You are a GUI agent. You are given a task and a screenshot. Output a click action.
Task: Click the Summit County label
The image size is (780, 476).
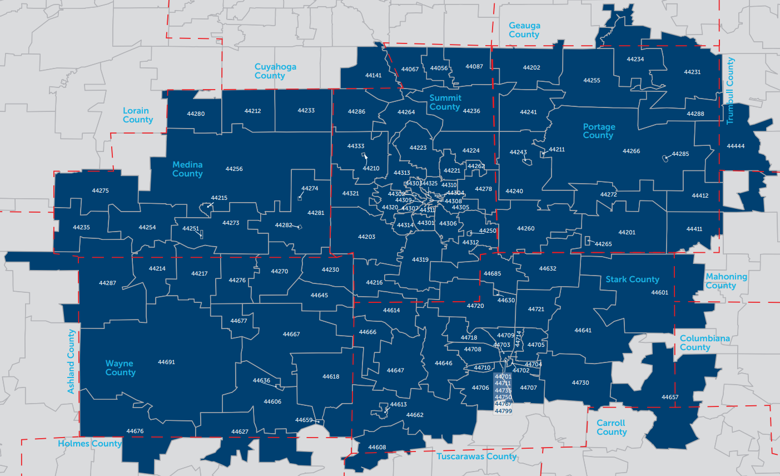click(445, 102)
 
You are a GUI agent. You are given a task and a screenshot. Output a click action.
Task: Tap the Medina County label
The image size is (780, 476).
click(187, 169)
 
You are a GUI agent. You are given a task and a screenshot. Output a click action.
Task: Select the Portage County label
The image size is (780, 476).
click(599, 131)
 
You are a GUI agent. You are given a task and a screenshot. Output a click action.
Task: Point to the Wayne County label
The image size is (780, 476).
click(120, 368)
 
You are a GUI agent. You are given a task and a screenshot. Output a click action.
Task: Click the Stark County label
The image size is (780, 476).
click(632, 279)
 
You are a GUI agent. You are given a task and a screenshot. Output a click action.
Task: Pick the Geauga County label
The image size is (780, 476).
click(524, 30)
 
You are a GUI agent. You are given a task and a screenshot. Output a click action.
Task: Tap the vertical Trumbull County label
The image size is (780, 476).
click(730, 90)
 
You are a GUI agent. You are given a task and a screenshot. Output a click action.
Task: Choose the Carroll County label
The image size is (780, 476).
click(612, 428)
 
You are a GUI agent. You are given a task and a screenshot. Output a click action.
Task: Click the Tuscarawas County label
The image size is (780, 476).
click(476, 457)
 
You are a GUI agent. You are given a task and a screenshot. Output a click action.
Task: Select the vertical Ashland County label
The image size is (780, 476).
click(71, 362)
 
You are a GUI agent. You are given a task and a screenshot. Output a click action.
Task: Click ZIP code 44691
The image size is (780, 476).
click(166, 362)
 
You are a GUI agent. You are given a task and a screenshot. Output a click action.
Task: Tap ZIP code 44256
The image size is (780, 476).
click(234, 169)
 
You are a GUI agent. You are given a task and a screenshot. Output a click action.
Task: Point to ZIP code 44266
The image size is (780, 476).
click(631, 151)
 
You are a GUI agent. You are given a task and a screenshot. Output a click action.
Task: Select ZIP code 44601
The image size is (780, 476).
click(659, 293)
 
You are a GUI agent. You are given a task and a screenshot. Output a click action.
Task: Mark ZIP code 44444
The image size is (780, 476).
click(736, 146)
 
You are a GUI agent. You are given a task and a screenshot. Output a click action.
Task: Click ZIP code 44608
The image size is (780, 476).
click(377, 448)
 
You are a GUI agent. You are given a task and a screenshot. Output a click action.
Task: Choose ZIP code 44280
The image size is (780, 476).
click(196, 114)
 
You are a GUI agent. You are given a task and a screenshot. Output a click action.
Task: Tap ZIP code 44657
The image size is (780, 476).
click(670, 398)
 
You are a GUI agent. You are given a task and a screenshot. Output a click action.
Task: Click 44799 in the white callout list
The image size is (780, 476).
click(503, 411)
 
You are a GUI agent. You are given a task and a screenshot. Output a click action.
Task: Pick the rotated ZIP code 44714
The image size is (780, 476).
click(519, 339)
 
